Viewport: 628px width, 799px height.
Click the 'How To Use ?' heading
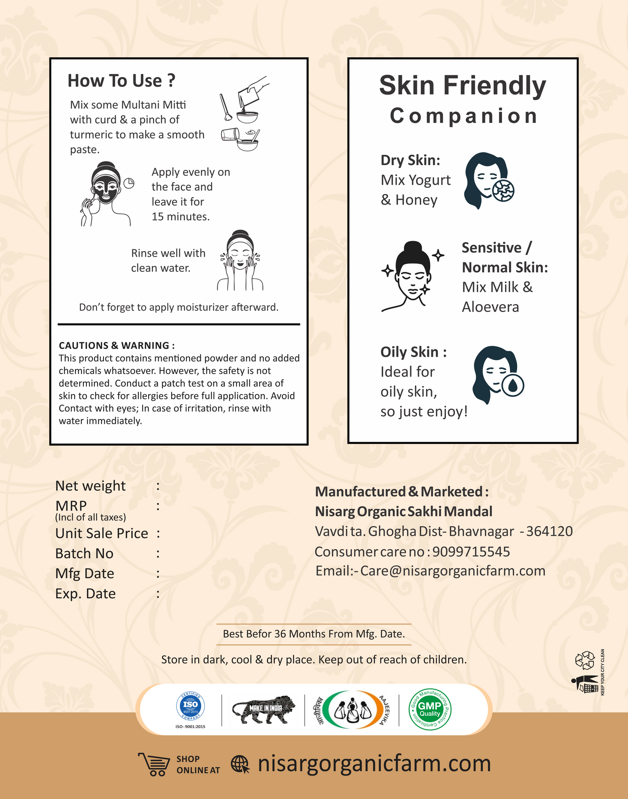(121, 81)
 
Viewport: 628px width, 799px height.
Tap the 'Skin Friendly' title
(462, 85)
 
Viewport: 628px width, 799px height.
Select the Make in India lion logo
(263, 709)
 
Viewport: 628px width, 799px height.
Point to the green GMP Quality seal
(430, 709)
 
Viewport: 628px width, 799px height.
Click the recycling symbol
(585, 660)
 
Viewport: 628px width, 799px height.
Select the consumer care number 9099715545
(471, 552)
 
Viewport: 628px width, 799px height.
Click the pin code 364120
(549, 531)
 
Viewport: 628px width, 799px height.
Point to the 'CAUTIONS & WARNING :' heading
(116, 345)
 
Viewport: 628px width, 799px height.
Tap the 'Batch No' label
(84, 554)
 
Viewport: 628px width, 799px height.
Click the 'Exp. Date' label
(86, 593)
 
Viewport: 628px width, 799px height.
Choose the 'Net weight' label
(90, 486)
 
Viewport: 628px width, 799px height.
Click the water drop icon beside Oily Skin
(513, 385)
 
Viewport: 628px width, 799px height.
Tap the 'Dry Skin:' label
(410, 160)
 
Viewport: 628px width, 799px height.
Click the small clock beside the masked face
(129, 183)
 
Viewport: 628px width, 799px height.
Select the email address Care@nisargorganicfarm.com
(452, 571)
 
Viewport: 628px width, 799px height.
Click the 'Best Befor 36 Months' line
(314, 634)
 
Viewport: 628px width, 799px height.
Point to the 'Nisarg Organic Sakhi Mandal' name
(404, 511)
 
